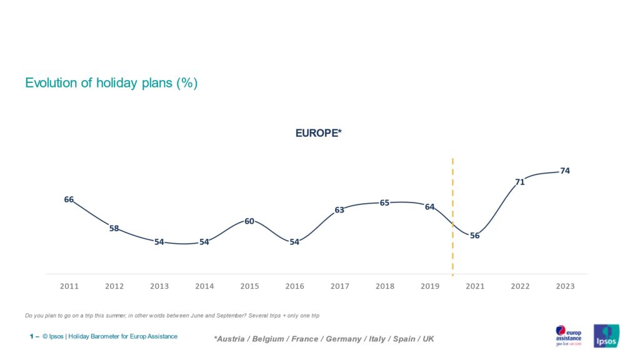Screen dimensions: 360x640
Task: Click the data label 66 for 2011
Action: coord(69,200)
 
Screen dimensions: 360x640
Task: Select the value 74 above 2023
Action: coord(565,171)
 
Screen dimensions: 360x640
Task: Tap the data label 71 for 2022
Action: coord(520,182)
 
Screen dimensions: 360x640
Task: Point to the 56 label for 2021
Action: coord(475,236)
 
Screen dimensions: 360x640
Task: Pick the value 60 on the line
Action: coord(249,221)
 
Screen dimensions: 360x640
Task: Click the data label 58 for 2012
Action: coord(114,229)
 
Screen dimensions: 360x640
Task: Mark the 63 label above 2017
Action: coord(339,210)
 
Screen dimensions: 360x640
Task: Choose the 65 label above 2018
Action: coord(385,202)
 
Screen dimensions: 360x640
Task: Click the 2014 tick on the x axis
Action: coord(204,286)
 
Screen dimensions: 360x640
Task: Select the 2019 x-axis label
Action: coord(430,286)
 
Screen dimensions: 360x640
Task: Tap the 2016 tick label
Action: coord(294,286)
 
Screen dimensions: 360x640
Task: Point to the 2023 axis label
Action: coord(565,286)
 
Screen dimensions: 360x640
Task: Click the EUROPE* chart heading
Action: coord(319,133)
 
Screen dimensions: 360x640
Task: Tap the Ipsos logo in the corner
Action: coord(606,336)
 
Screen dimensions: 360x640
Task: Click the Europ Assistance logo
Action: coord(569,335)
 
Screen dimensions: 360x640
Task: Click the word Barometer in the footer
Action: coord(106,336)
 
